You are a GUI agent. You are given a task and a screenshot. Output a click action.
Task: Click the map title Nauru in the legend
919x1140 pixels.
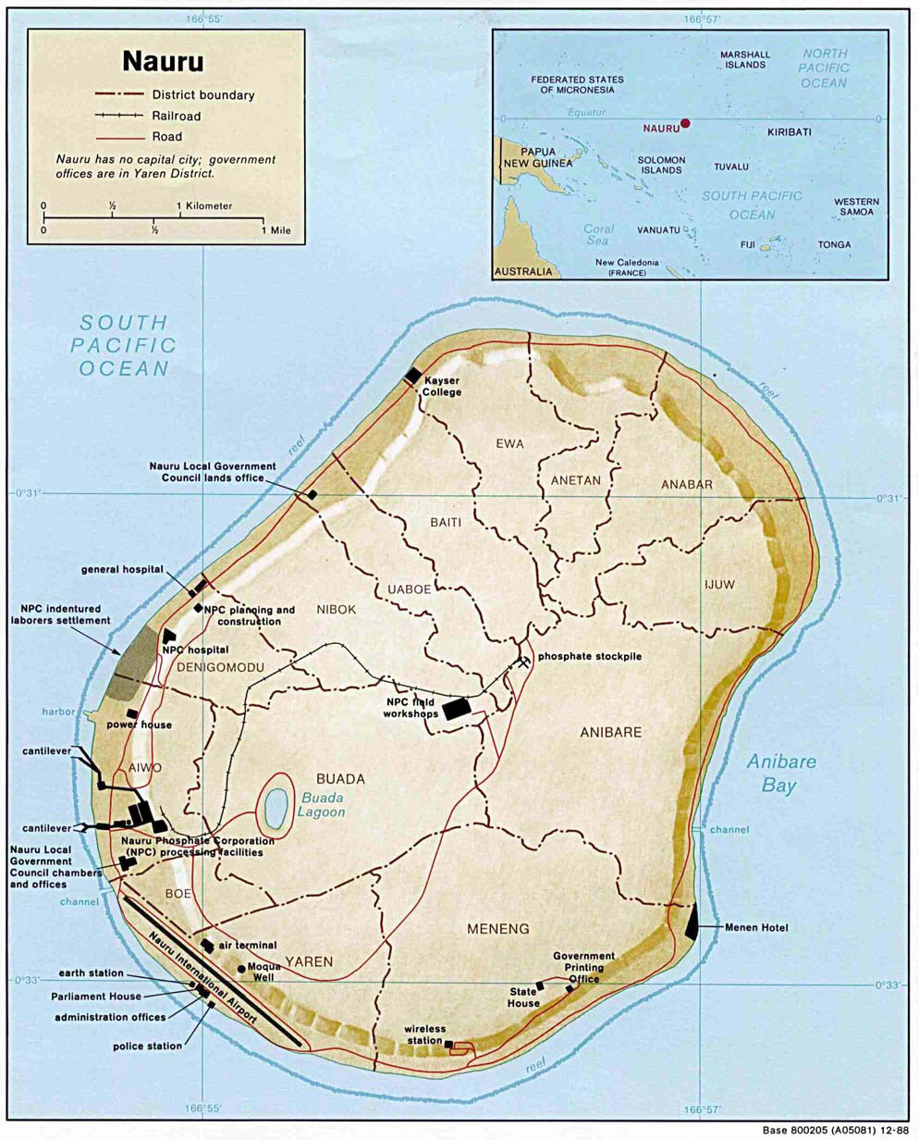click(164, 61)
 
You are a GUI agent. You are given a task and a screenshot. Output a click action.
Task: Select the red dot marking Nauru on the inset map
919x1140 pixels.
click(685, 122)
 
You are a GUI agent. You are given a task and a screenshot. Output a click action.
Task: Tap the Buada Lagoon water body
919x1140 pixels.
click(275, 808)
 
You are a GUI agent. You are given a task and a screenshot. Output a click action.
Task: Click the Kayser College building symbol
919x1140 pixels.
click(412, 374)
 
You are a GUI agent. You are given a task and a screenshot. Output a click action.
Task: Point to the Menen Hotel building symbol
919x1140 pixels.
click(692, 922)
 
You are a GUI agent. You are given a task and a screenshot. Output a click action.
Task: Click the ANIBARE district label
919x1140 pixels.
click(610, 732)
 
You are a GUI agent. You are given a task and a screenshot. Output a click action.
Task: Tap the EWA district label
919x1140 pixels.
click(509, 444)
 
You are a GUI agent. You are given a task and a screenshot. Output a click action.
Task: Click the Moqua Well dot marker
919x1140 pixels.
click(240, 969)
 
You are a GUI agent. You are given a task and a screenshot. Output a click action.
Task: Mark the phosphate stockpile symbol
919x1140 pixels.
click(525, 661)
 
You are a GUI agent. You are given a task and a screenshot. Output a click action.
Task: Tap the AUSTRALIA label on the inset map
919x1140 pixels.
click(523, 272)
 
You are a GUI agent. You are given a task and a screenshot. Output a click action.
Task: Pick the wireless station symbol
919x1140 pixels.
click(449, 1045)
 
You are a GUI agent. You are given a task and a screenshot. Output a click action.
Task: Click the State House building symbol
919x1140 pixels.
click(541, 986)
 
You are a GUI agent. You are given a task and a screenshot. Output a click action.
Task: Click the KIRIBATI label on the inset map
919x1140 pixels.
click(789, 132)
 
